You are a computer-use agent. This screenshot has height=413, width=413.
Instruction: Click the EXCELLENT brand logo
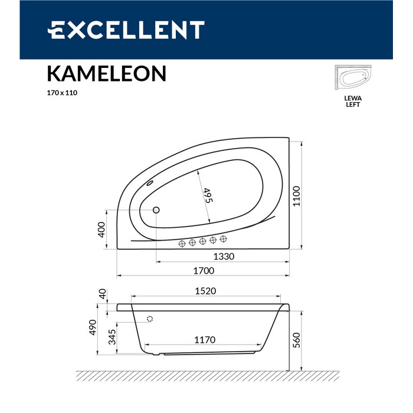tap(126, 29)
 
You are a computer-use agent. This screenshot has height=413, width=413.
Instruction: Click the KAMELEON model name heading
tap(106, 73)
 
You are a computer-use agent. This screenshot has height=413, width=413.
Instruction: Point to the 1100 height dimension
tap(297, 195)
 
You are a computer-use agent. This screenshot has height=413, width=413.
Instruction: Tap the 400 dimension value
tap(101, 230)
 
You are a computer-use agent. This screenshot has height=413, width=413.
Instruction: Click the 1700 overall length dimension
tap(202, 271)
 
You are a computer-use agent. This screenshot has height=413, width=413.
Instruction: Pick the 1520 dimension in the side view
tap(205, 291)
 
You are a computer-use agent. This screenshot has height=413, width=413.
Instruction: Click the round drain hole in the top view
tap(156, 209)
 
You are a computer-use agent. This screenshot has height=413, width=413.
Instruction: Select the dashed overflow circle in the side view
tap(150, 319)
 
